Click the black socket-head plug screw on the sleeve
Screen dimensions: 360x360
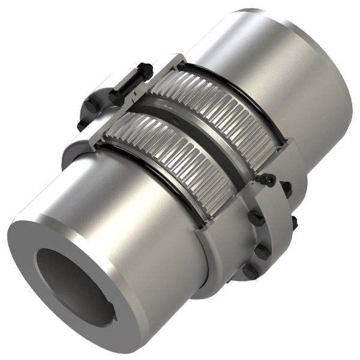(x=266, y=179)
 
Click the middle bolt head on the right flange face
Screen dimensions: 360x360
(x=263, y=247)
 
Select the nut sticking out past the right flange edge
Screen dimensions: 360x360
(x=295, y=224)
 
